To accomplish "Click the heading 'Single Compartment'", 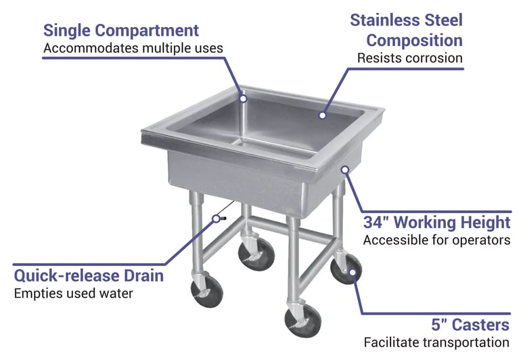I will pos(121,30).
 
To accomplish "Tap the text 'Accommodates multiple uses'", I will pos(133,49).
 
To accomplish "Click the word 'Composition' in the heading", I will pos(414,40).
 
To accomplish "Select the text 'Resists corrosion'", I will pos(409,58).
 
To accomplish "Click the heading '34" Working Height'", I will pos(436,222).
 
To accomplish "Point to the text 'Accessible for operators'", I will pos(436,240).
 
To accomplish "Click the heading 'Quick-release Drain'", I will pos(89,275).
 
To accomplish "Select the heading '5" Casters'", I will pos(470,325).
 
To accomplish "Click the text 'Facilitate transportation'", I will pos(436,343).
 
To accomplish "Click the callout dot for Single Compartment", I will pos(244,98).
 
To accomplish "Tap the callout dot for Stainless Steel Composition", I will pos(323,115).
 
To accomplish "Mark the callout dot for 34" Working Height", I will pos(345,169).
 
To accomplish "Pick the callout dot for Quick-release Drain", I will pos(217,218).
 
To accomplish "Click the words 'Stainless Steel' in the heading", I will pos(406,20).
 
